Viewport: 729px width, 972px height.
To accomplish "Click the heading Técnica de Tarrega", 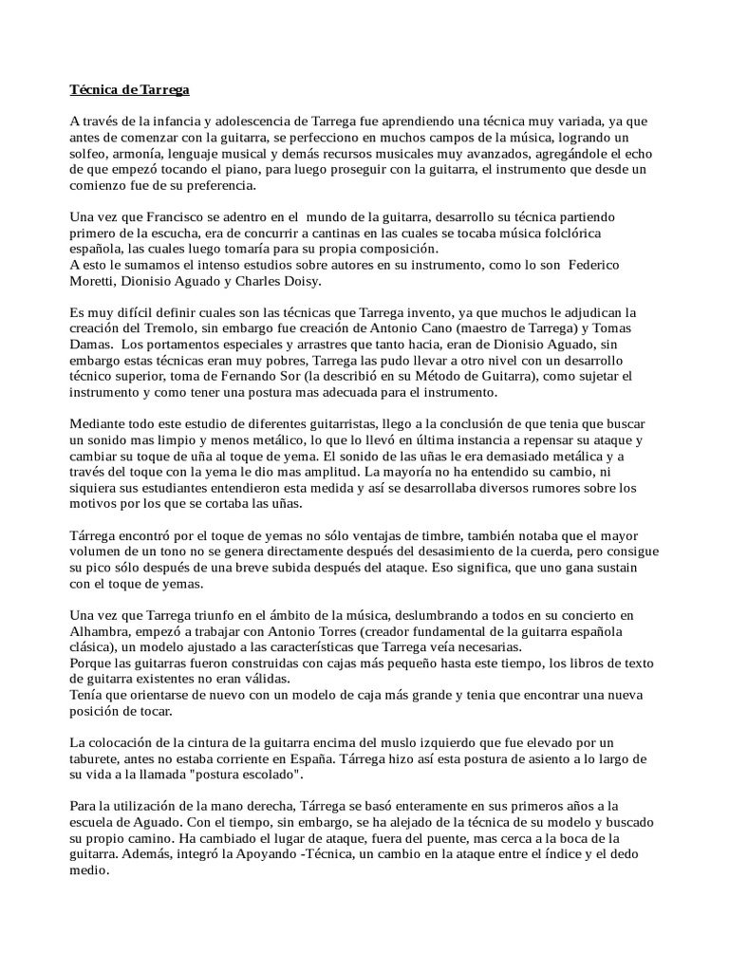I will pos(130,90).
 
